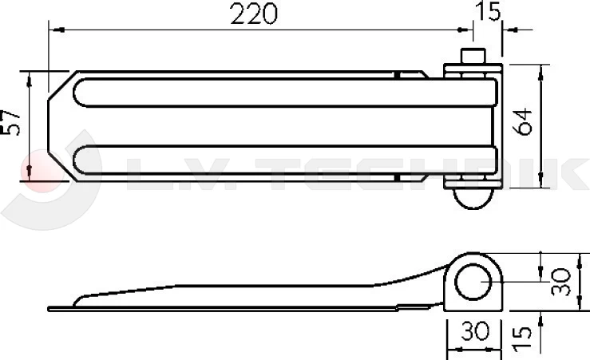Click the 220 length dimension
point(254,14)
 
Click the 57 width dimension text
point(10,123)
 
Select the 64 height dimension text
point(523,121)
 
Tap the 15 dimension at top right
point(488,10)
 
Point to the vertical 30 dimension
point(560,282)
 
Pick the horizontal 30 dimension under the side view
point(475,331)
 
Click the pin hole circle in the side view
point(473,282)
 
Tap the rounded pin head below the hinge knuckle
point(473,198)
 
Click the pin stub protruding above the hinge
point(473,56)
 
